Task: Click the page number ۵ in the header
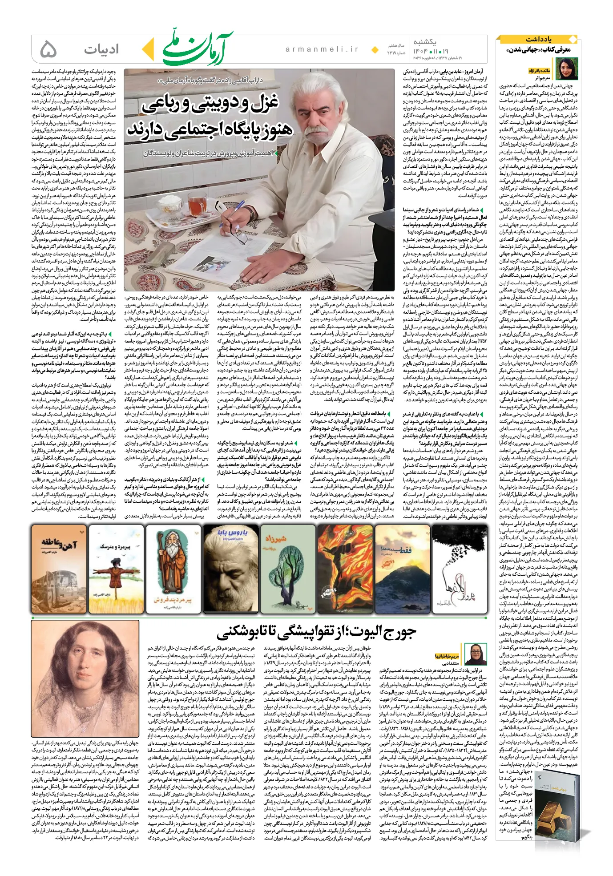point(48,49)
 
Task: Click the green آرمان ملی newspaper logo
point(198,49)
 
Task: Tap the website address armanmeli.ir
point(322,50)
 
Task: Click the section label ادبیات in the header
point(101,49)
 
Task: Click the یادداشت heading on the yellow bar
point(538,39)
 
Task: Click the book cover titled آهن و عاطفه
point(59,569)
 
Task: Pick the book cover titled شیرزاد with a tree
point(287,569)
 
